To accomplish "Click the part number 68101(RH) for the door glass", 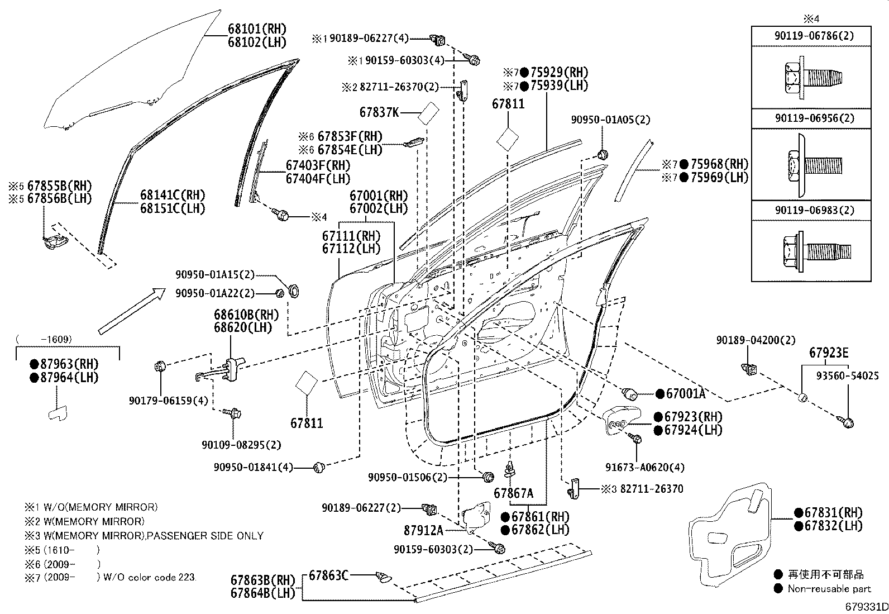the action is pyautogui.click(x=257, y=28).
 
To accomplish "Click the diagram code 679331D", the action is pyautogui.click(x=866, y=607).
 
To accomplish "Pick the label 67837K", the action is pyautogui.click(x=379, y=112).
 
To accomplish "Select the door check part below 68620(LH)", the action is pyautogui.click(x=222, y=369).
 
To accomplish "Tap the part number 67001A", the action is pyautogui.click(x=685, y=393).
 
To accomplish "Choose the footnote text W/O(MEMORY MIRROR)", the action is pyautogui.click(x=101, y=507).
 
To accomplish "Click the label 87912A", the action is pyautogui.click(x=423, y=530).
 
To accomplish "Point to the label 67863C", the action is pyautogui.click(x=328, y=575).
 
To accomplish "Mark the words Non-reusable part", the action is pyautogui.click(x=829, y=589).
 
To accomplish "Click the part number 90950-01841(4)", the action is pyautogui.click(x=253, y=467).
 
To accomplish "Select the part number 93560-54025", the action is pyautogui.click(x=847, y=375).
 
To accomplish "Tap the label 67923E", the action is pyautogui.click(x=829, y=353).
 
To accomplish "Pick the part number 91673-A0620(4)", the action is pyautogui.click(x=645, y=467).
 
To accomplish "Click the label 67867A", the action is pyautogui.click(x=514, y=493).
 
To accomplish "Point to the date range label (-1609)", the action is pyautogui.click(x=44, y=339).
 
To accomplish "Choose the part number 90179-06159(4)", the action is pyautogui.click(x=168, y=401).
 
